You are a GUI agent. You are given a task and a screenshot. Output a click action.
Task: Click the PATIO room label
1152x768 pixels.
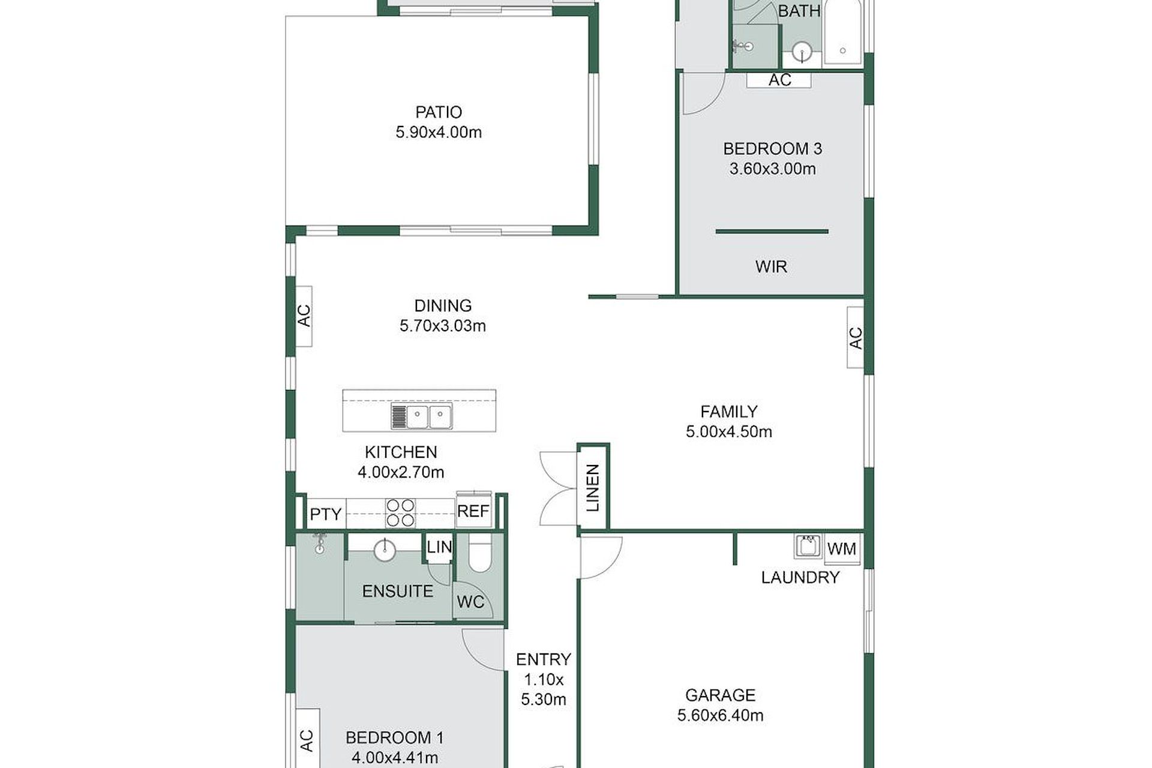click(x=439, y=112)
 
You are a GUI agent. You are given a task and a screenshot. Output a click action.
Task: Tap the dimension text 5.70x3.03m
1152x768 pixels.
click(x=443, y=326)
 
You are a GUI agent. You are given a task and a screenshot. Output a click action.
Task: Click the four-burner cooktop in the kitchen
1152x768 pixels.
click(x=400, y=513)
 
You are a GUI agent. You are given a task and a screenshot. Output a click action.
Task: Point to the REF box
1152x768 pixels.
click(x=474, y=510)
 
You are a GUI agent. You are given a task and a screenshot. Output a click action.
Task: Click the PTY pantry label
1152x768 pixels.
click(x=326, y=514)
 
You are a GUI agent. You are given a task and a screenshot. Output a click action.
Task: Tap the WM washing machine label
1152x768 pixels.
click(x=842, y=548)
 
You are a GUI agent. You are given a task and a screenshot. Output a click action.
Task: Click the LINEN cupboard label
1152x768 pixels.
click(x=593, y=487)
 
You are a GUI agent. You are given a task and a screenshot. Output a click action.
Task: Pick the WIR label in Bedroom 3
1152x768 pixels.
click(x=771, y=266)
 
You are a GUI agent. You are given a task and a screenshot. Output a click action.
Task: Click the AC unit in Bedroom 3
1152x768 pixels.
click(x=779, y=80)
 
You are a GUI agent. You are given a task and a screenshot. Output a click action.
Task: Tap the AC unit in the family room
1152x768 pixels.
click(x=856, y=337)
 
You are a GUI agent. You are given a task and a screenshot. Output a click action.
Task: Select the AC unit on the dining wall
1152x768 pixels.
click(x=304, y=316)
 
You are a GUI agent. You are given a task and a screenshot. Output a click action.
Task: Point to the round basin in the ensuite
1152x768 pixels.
click(x=385, y=550)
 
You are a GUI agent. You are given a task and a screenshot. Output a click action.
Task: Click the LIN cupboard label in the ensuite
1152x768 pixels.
click(x=439, y=547)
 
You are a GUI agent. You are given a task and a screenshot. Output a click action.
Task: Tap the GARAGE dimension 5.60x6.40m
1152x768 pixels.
click(x=720, y=715)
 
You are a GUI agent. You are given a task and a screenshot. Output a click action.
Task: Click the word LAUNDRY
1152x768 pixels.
click(x=800, y=577)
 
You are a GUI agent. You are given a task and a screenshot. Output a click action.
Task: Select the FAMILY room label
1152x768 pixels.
click(x=729, y=412)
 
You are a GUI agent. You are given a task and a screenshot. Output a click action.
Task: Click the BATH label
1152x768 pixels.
click(x=799, y=11)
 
